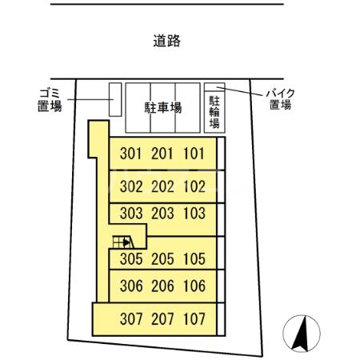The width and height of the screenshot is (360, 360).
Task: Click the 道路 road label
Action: pos(166,41)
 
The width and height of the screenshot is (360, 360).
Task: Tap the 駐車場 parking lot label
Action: pos(162,107)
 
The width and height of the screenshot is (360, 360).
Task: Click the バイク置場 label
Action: pos(280,98)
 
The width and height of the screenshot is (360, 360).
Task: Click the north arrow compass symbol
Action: pos(302,334)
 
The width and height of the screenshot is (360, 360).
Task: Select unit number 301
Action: pos(130,154)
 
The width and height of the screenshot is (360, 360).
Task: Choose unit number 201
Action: pos(162,154)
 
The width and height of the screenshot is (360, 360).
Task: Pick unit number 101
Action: pos(194,154)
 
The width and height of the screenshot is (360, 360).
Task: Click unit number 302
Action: pos(130,187)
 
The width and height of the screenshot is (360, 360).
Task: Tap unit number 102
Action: pos(194,187)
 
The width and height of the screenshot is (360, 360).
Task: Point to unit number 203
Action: pos(162,214)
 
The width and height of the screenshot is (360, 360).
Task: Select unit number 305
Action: pos(130,259)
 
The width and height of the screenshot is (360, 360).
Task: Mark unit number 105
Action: pos(194,259)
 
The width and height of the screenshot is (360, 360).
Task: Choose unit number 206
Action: pos(162,286)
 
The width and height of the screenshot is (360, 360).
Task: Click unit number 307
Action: pos(130,318)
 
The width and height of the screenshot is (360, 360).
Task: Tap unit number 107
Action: pos(194,318)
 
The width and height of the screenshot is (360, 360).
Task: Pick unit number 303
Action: pos(130,214)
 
